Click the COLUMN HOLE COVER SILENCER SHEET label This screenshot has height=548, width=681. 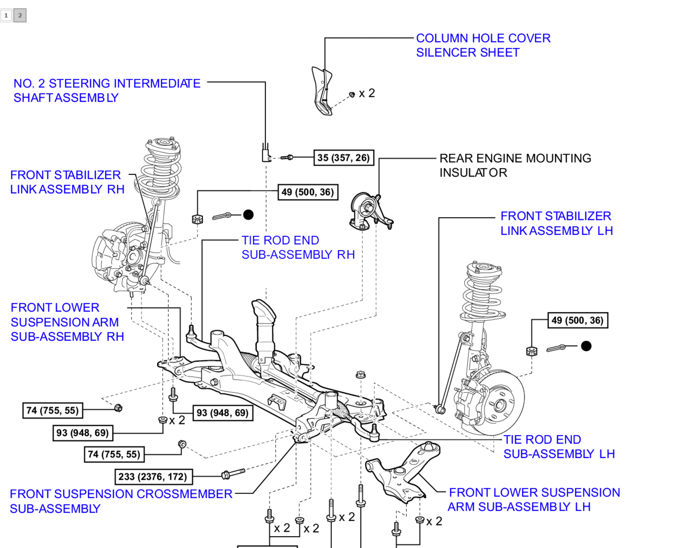tap(483, 45)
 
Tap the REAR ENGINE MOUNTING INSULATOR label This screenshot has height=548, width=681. tap(515, 166)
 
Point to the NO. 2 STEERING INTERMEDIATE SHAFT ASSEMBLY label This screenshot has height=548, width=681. tap(107, 91)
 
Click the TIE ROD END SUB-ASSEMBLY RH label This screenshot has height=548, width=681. tap(298, 247)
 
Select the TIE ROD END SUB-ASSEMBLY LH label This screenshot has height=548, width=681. tap(559, 447)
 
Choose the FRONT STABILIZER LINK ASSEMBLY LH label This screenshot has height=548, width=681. tap(557, 223)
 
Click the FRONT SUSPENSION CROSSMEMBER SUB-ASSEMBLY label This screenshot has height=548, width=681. tap(121, 501)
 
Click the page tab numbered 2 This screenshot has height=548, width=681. tap(20, 15)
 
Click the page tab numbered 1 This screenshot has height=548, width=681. tap(6, 15)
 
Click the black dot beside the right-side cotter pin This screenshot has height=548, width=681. tap(586, 346)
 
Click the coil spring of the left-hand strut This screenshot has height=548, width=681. tap(482, 294)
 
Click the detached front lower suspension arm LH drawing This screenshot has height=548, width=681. tap(404, 471)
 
